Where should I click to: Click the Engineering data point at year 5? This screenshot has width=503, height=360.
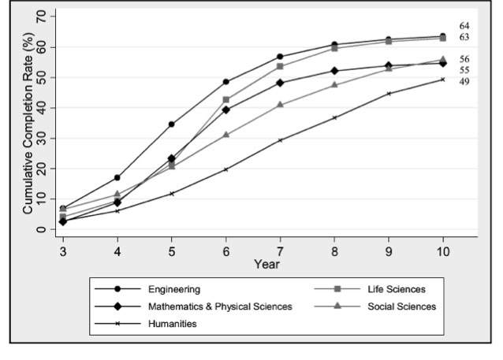click(172, 124)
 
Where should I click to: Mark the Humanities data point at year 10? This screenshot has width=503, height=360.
click(443, 79)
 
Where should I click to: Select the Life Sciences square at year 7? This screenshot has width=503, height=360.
click(280, 66)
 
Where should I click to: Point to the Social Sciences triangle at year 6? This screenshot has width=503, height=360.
click(226, 135)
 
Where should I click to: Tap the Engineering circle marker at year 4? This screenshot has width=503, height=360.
click(117, 177)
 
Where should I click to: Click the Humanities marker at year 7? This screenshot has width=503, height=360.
click(280, 140)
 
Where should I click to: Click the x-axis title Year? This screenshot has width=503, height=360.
click(266, 263)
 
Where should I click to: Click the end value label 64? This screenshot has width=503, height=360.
click(464, 26)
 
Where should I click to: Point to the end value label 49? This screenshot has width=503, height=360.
click(464, 81)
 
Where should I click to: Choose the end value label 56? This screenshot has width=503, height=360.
click(464, 59)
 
